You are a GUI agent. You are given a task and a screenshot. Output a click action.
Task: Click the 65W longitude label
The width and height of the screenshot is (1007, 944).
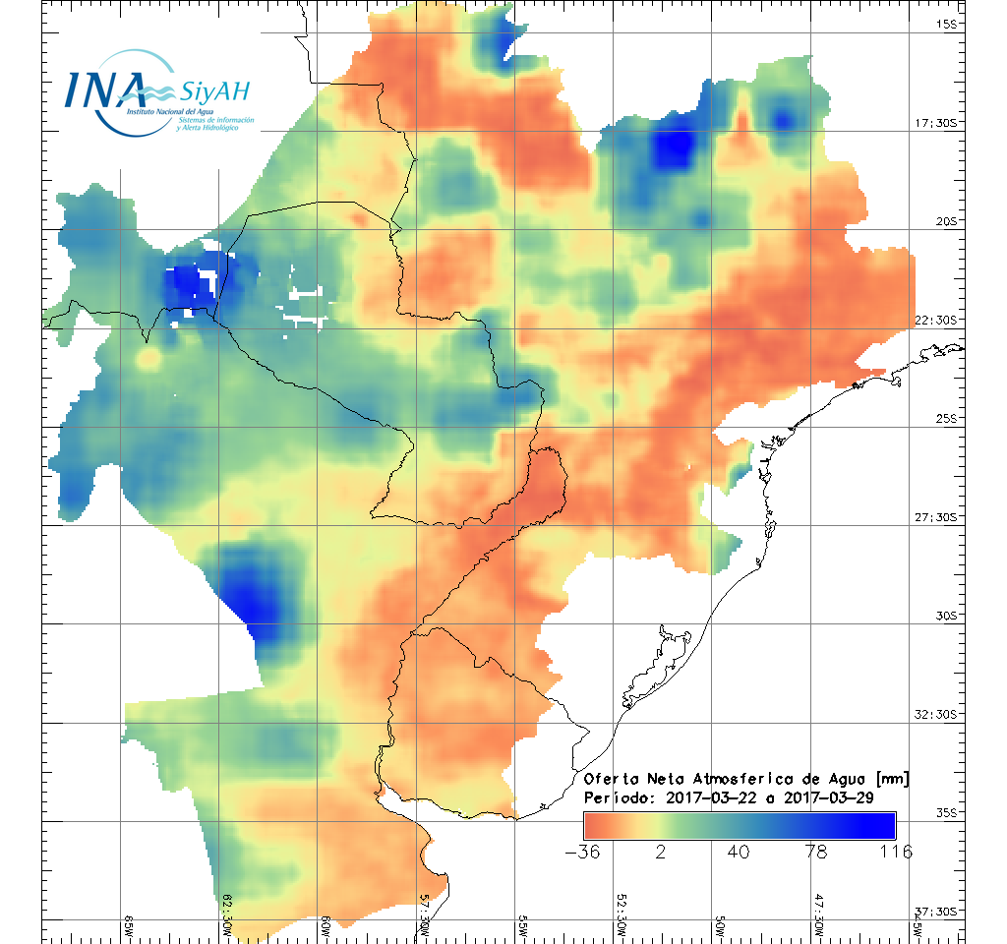129,923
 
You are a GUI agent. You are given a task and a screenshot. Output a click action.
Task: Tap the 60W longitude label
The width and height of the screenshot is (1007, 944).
326,923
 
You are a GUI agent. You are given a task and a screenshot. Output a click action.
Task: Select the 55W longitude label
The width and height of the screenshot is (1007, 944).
522,923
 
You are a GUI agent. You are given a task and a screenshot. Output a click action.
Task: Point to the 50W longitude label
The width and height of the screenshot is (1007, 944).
719,923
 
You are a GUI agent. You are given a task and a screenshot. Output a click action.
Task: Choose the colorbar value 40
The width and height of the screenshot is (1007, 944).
739,852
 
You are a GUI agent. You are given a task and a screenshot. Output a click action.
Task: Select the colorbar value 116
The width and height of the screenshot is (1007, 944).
894,852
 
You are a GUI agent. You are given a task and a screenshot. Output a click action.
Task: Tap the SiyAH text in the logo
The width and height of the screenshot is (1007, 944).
214,93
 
